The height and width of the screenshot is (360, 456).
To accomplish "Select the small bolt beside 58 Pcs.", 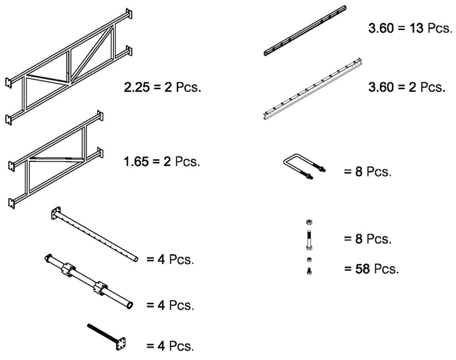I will [308, 271].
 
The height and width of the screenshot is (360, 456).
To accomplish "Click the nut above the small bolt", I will [308, 260].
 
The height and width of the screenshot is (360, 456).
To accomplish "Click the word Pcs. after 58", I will [385, 268].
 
